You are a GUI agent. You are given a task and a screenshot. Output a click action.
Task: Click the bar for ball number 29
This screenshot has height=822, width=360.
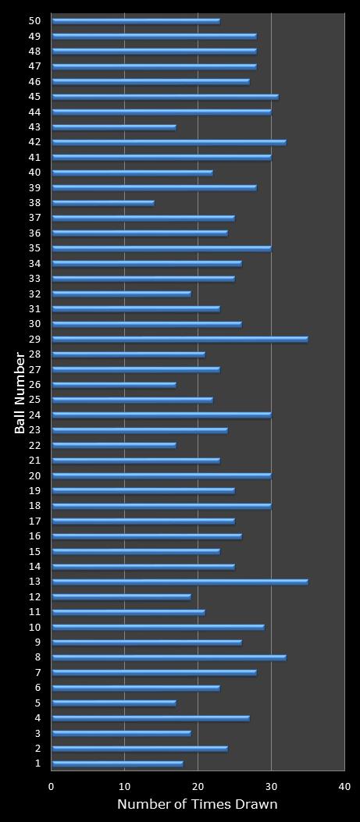(180, 339)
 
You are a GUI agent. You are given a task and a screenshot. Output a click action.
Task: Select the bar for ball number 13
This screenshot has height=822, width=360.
(180, 582)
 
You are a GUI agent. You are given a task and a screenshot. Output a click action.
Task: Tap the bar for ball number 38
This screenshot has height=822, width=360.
(103, 203)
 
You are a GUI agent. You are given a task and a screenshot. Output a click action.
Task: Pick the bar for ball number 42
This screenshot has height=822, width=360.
(169, 142)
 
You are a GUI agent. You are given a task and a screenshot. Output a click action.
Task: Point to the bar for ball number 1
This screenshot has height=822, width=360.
(117, 763)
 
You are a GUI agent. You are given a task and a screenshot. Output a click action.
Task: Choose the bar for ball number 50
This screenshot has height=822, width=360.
(136, 21)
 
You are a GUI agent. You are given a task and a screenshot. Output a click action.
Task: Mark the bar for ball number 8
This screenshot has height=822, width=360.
(169, 657)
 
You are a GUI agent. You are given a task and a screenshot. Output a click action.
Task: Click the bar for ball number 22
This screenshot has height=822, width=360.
(114, 445)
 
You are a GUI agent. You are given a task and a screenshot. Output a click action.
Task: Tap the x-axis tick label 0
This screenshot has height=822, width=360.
(52, 787)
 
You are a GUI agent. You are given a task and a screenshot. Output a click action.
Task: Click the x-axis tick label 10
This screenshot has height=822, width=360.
(125, 787)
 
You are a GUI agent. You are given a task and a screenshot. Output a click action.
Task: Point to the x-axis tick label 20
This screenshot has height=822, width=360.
(198, 787)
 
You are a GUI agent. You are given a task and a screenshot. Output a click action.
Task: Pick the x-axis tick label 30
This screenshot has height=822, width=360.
(271, 787)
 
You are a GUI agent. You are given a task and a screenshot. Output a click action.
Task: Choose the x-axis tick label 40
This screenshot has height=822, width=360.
(344, 787)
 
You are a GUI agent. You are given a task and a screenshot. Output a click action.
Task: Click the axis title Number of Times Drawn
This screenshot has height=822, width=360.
(198, 805)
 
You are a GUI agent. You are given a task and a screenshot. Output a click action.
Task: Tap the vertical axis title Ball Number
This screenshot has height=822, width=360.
(20, 393)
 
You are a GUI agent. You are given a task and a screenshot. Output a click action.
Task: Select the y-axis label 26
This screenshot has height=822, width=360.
(34, 384)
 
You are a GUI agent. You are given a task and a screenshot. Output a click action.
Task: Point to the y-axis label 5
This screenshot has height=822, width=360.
(37, 703)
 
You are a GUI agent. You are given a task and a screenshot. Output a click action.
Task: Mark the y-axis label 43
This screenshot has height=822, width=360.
(34, 127)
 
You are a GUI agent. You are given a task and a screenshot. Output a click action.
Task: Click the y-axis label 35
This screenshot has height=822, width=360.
(34, 248)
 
